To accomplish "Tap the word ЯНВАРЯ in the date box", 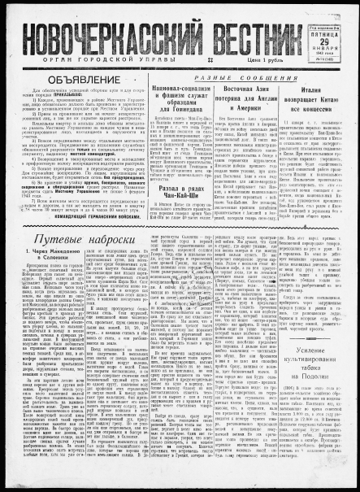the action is click(325, 49).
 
